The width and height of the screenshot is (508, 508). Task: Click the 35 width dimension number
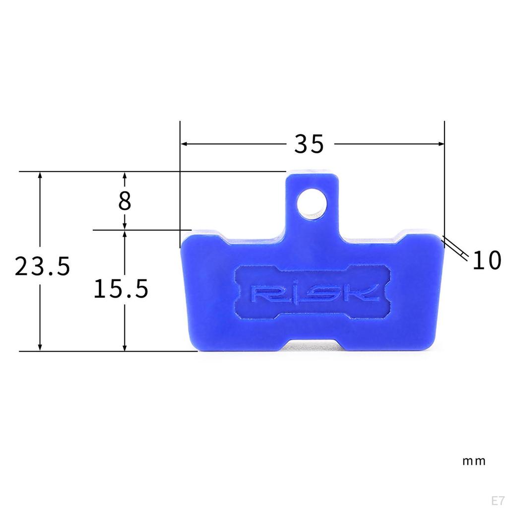(x=309, y=144)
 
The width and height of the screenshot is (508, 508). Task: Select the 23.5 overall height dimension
(x=42, y=267)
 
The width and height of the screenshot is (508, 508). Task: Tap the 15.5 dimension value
(x=121, y=289)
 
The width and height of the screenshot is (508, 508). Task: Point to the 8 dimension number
(x=125, y=201)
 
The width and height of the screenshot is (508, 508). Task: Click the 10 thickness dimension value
(x=486, y=261)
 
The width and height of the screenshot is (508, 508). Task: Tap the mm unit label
(x=474, y=461)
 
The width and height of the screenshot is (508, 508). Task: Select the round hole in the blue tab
(x=312, y=203)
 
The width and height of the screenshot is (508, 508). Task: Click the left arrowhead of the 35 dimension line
(x=183, y=144)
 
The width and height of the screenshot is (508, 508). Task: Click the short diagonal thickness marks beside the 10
(x=455, y=248)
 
